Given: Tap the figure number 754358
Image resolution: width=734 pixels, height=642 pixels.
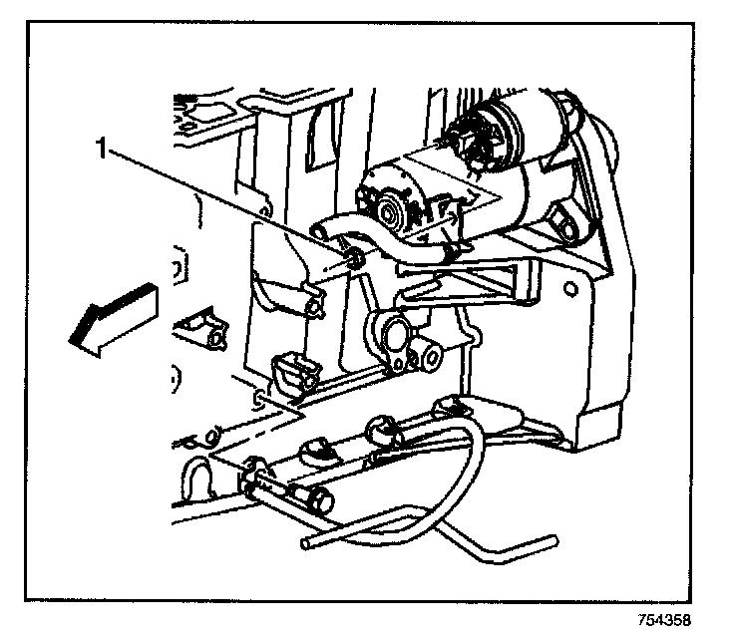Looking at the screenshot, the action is click(x=663, y=617).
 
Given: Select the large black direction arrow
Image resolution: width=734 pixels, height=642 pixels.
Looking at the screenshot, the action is click(x=109, y=317).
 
